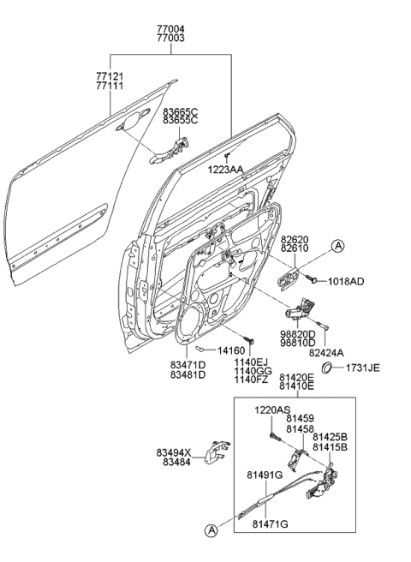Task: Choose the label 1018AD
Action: tap(345, 280)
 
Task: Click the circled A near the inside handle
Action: tap(339, 247)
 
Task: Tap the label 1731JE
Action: tap(362, 368)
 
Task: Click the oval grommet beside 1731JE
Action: tap(328, 369)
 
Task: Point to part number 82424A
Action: tap(326, 351)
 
